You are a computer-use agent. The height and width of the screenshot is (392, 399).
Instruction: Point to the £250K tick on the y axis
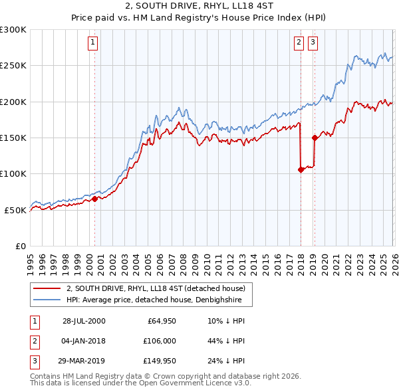point(13,66)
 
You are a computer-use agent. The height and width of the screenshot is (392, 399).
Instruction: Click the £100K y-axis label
point(13,173)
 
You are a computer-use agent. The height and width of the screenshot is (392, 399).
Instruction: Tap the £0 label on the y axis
point(20,246)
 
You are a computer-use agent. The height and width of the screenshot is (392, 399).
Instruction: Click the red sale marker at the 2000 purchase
point(95,199)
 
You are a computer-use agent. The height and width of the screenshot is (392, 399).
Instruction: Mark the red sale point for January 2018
point(301,169)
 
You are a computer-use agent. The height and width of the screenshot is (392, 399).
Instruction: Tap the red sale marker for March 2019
point(315,138)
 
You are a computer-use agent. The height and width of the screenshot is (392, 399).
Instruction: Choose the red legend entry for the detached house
point(156,288)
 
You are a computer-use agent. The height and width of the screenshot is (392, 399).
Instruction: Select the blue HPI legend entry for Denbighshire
point(159,300)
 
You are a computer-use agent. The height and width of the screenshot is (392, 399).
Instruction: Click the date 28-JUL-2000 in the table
point(84,321)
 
